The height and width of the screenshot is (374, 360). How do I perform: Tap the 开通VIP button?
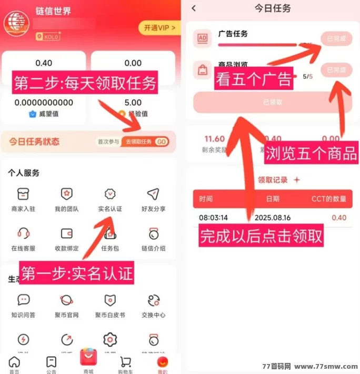(158, 27)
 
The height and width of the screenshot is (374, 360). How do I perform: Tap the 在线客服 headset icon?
(23, 233)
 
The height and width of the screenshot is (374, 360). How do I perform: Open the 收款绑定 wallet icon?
(66, 233)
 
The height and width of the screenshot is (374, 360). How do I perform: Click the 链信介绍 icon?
(153, 233)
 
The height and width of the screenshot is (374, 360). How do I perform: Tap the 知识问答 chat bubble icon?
(23, 300)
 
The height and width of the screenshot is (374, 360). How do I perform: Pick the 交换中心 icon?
(153, 300)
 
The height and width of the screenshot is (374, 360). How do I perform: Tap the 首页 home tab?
(14, 363)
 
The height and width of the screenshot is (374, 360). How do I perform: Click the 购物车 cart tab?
(125, 363)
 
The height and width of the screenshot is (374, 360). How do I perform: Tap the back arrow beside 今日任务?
(194, 8)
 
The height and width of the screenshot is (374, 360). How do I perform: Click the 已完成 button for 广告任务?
(336, 38)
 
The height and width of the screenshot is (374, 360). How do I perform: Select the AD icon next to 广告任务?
(202, 38)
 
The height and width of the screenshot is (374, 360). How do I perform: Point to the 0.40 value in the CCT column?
(339, 218)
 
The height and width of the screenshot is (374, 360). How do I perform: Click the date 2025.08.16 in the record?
(272, 218)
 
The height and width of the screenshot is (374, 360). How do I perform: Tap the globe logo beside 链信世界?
(16, 23)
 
